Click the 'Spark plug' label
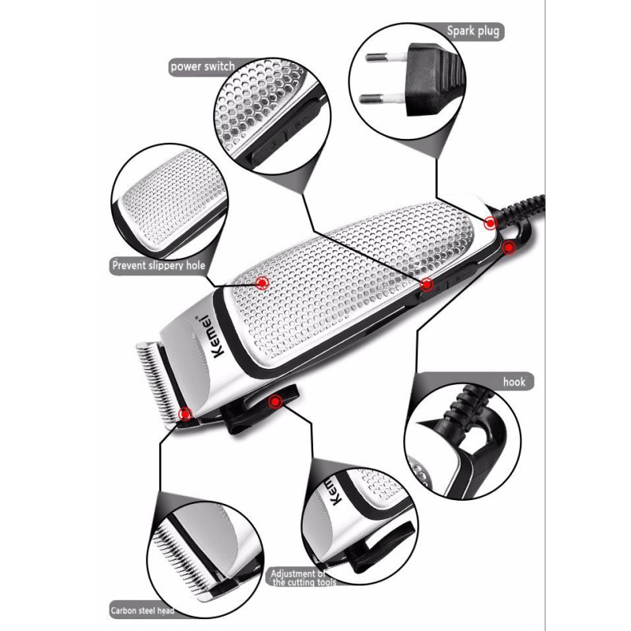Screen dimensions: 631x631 coord(473,31)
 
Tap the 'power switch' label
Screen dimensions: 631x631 coord(202,66)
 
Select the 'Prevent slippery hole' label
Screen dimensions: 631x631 coord(158,266)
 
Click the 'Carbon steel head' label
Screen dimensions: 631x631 coord(142,610)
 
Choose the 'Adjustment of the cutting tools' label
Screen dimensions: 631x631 coord(304,577)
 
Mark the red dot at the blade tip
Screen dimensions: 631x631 coord(185,412)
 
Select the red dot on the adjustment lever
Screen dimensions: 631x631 coord(274,402)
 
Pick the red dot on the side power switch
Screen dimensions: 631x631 coord(428,284)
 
